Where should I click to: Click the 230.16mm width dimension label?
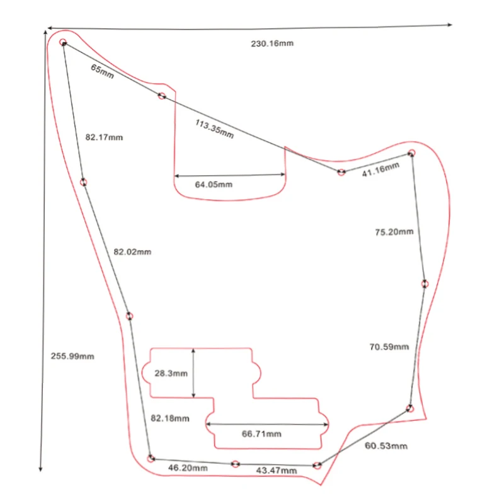point(273,43)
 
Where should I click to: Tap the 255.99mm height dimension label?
point(72,356)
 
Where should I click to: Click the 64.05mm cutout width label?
point(214,185)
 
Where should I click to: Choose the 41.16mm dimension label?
point(381,169)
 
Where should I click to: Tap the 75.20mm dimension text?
point(394,232)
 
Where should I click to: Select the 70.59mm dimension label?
point(389,346)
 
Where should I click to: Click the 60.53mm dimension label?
point(386,446)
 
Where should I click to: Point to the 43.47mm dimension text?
point(276,471)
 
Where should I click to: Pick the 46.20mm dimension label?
point(188,468)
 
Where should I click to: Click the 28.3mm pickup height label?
point(171,373)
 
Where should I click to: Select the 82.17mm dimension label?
point(104,137)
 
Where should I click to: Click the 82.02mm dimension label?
point(132,251)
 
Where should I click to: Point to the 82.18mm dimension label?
point(170,418)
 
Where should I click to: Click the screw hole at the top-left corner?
point(63,43)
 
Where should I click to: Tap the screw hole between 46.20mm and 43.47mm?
point(235,464)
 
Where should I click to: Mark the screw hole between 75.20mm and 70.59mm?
point(425,283)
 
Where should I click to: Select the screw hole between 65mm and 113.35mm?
point(162,96)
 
